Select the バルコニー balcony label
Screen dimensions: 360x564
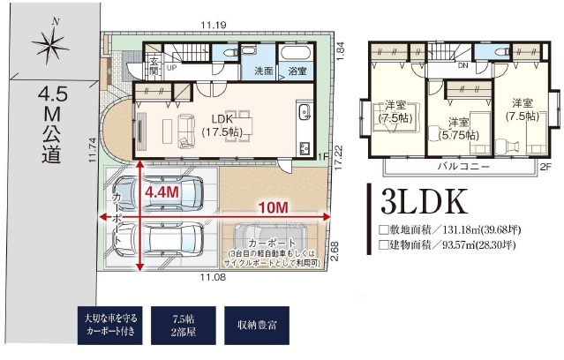[x=462, y=165]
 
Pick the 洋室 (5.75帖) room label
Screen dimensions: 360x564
[x=457, y=129]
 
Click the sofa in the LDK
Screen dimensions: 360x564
[x=184, y=131]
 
